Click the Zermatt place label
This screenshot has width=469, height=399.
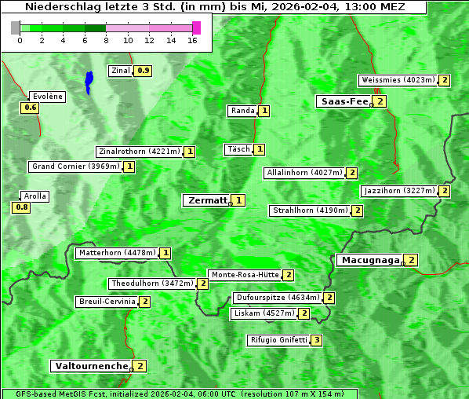207,200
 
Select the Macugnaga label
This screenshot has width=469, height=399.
369,260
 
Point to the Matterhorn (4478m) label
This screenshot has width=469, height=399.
116,253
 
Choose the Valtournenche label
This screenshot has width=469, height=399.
90,366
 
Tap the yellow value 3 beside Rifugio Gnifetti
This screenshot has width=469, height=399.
316,340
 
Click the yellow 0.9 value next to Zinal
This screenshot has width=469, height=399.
143,71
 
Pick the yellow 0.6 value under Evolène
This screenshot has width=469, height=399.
31,108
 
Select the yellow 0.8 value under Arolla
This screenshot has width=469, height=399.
21,207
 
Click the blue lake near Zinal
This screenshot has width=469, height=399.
89,81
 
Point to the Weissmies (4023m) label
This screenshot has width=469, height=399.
398,80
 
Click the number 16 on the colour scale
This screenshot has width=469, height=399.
193,39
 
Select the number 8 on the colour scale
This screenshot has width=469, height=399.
106,39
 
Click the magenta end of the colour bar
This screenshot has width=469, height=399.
196,27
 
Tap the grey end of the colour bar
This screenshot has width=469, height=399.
16,27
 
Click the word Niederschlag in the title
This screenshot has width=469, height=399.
59,6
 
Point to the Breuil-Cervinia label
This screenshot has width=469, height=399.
106,302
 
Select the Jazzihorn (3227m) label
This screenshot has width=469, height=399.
398,191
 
